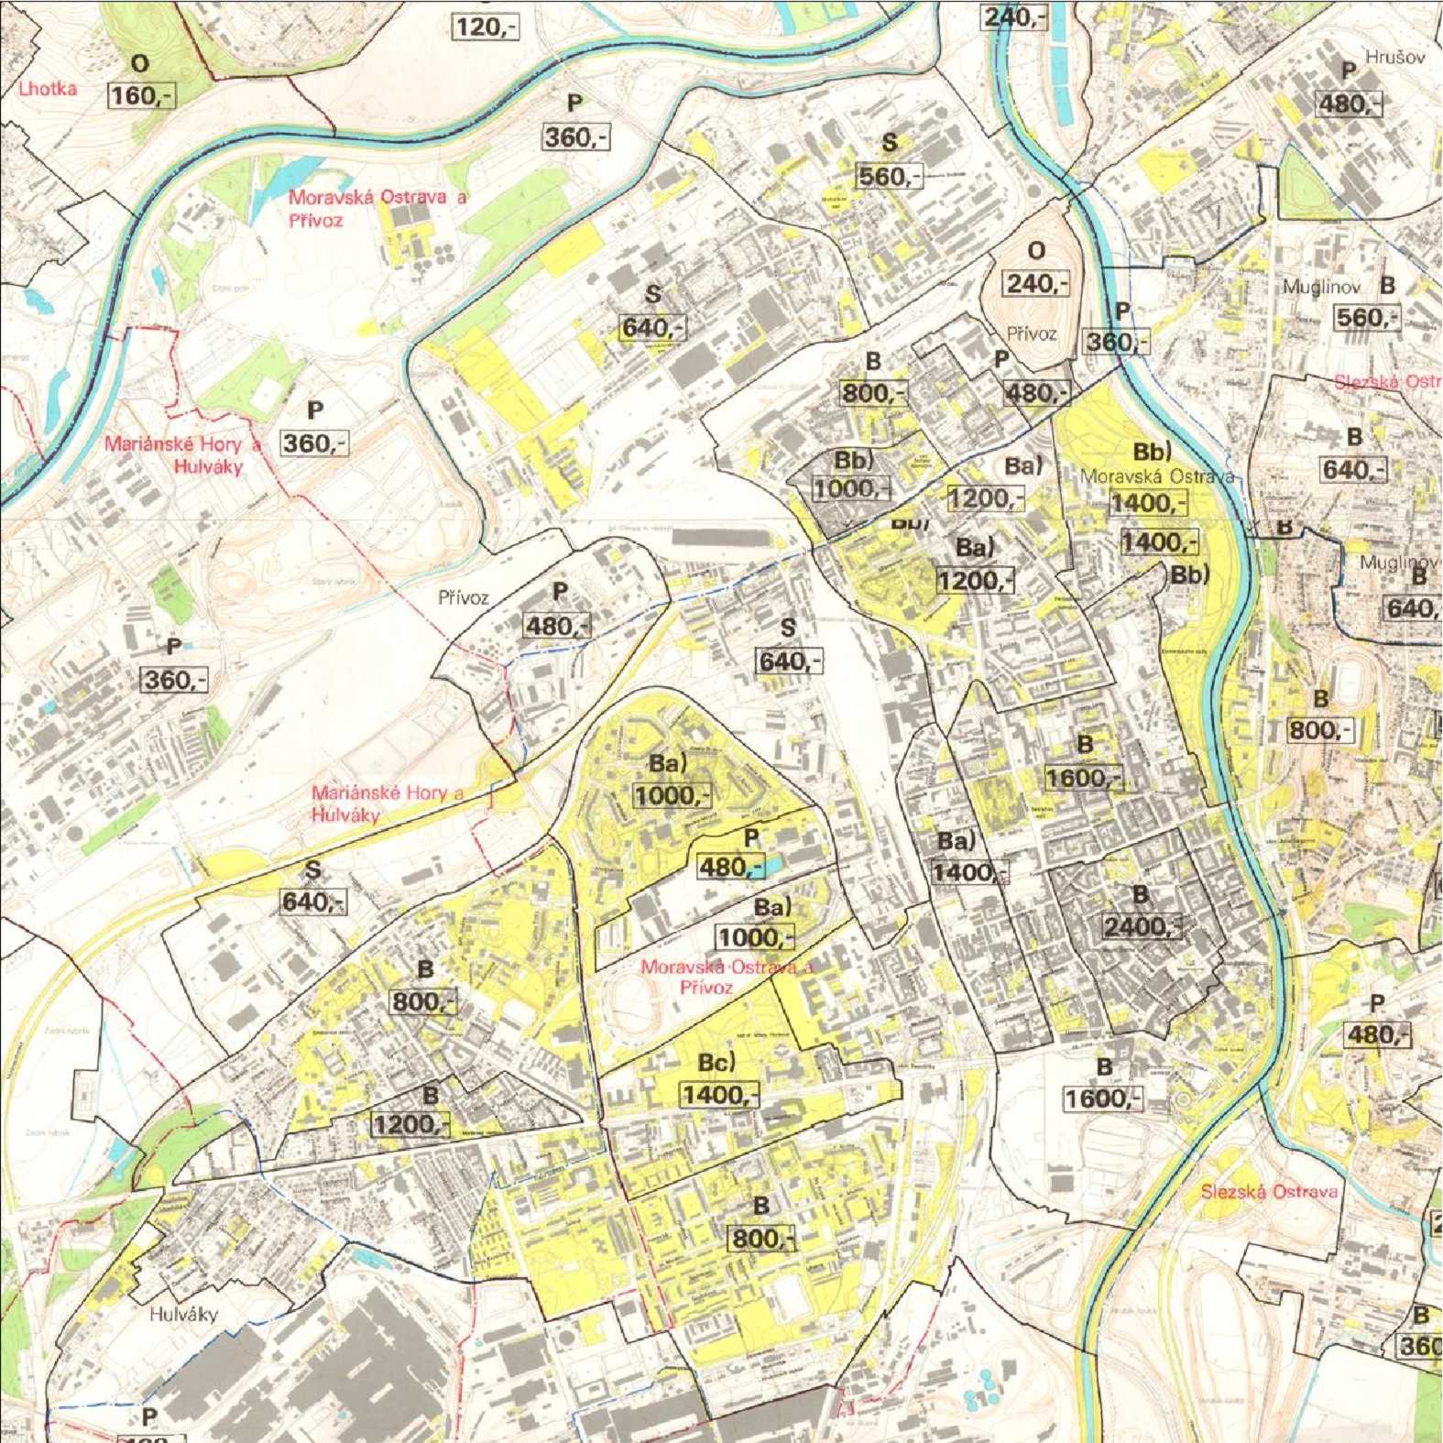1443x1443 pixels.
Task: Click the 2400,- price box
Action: pos(1141,926)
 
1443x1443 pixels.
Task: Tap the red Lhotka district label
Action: pos(48,89)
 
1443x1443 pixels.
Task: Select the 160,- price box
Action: pos(141,94)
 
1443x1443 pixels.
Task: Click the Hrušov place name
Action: pos(1395,57)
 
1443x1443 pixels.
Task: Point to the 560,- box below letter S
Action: pos(889,176)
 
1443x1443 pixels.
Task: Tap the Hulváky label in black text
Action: pos(183,1315)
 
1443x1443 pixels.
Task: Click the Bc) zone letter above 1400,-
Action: pos(716,1063)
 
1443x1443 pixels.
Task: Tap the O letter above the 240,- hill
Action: pos(1036,251)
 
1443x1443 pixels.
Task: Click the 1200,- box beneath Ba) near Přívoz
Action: pos(986,498)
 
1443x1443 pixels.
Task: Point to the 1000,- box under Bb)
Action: pos(852,488)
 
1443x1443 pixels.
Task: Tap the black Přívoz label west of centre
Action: pos(464,598)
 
